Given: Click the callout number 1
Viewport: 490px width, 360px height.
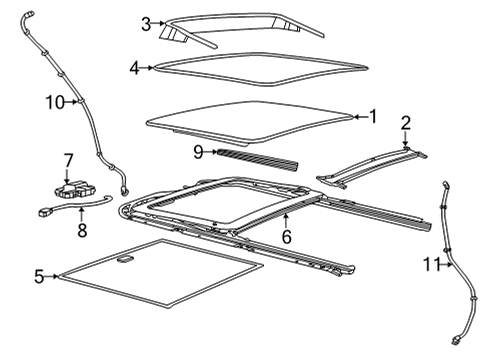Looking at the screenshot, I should [373, 116].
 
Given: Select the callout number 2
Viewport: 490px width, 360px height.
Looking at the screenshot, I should [405, 123].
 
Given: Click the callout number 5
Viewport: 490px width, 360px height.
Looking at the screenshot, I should [39, 276].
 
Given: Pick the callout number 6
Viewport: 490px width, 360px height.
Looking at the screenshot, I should [285, 237].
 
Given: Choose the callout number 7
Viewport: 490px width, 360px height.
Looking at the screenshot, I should [68, 160].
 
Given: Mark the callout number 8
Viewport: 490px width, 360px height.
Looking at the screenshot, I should [82, 230].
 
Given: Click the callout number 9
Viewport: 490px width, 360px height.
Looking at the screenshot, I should [198, 151].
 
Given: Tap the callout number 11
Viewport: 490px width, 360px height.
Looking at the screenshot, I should [429, 264].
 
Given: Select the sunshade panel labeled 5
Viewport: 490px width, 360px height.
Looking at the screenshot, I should [160, 275].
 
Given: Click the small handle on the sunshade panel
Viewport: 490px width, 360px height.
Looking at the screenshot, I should [127, 259].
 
